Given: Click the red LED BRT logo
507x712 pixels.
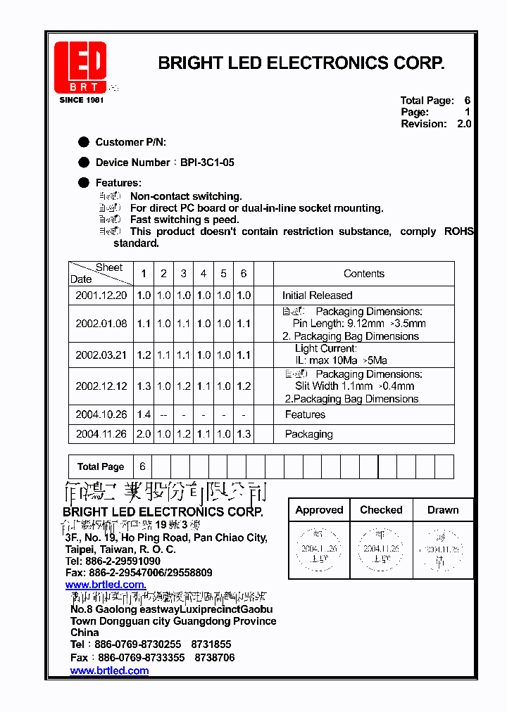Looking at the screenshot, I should tap(81, 68).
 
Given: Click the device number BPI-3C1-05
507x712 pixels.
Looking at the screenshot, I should tap(207, 163).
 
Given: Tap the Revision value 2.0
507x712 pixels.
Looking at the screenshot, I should tap(463, 124).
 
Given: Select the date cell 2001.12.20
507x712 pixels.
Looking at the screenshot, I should tap(101, 295).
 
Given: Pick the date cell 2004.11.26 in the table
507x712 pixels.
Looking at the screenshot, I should tap(101, 434).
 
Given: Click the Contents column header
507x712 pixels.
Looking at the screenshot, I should tap(363, 274).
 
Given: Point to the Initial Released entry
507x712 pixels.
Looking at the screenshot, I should tap(317, 295).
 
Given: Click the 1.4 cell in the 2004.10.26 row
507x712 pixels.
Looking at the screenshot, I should tap(144, 415).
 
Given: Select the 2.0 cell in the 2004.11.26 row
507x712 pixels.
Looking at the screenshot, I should tap(144, 434).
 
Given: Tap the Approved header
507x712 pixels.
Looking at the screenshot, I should tap(319, 510).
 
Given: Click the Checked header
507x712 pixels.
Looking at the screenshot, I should tap(381, 510).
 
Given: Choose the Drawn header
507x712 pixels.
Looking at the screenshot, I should tap(442, 510).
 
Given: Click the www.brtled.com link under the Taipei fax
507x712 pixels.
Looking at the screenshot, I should tap(106, 585).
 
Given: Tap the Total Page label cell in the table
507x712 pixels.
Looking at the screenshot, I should tap(101, 466).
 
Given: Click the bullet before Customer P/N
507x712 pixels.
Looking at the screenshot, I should tap(84, 142).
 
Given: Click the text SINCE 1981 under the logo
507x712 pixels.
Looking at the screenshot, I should tap(82, 100).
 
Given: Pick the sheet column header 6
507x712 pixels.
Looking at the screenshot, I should tap(244, 274).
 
